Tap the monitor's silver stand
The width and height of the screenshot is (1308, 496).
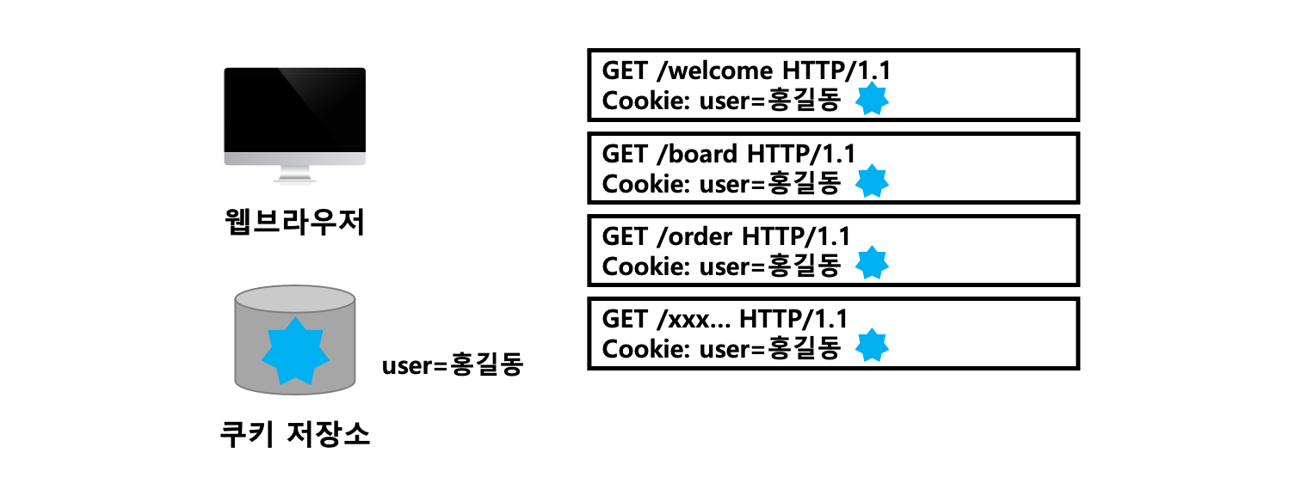click(x=294, y=174)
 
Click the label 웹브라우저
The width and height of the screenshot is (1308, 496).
click(x=293, y=224)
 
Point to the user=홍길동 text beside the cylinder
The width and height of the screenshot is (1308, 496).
click(x=453, y=366)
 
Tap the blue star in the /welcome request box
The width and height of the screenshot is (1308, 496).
click(x=873, y=101)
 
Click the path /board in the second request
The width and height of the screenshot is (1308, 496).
click(x=695, y=155)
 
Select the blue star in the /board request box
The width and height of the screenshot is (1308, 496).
click(x=873, y=182)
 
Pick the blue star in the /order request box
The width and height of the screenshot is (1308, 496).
click(x=873, y=264)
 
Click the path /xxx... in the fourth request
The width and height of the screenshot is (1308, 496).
click(x=694, y=320)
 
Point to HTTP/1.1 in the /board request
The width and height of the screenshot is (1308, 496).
click(x=801, y=155)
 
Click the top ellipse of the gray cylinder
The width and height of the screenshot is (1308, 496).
click(x=294, y=299)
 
